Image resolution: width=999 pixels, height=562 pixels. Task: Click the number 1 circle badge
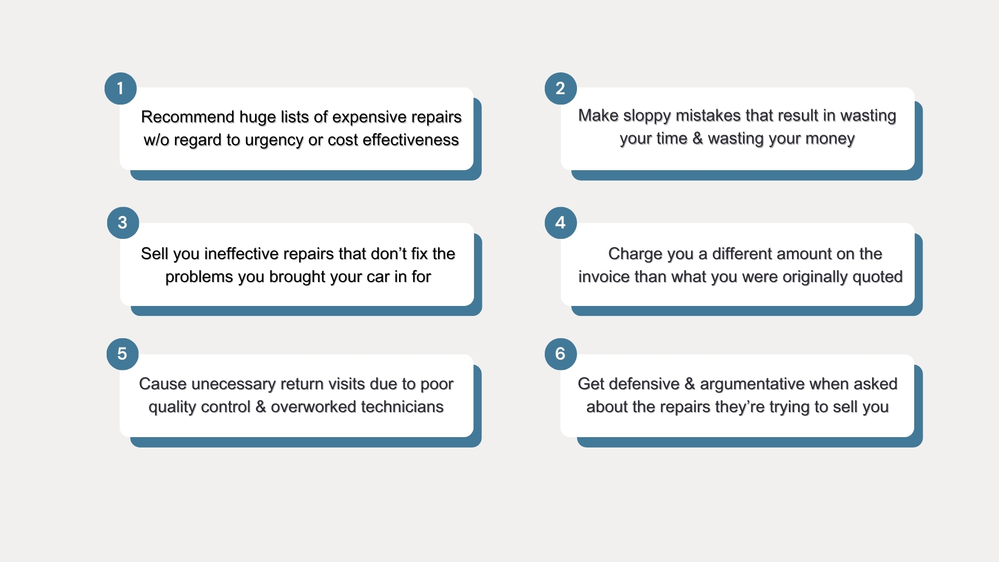[x=121, y=88]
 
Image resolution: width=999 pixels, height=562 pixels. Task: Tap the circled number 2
[x=561, y=88]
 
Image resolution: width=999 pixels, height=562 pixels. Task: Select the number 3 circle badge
[x=123, y=223]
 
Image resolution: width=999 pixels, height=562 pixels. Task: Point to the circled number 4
[x=561, y=223]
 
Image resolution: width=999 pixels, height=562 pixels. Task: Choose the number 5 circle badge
[x=122, y=354]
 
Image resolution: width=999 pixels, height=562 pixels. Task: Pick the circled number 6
[x=561, y=354]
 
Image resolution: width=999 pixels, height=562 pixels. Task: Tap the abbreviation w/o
[x=156, y=139]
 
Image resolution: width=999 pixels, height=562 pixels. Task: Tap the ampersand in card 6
[x=690, y=384]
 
